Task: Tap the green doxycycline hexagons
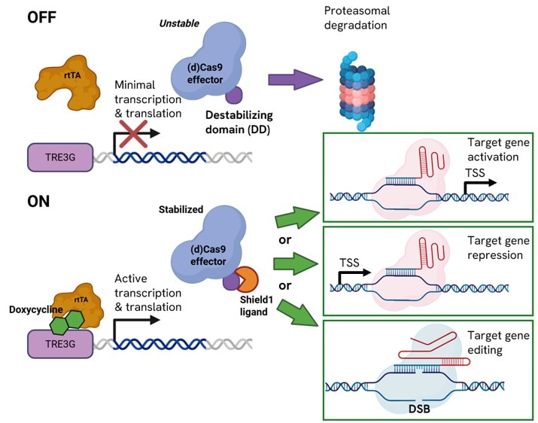[x=65, y=321]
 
